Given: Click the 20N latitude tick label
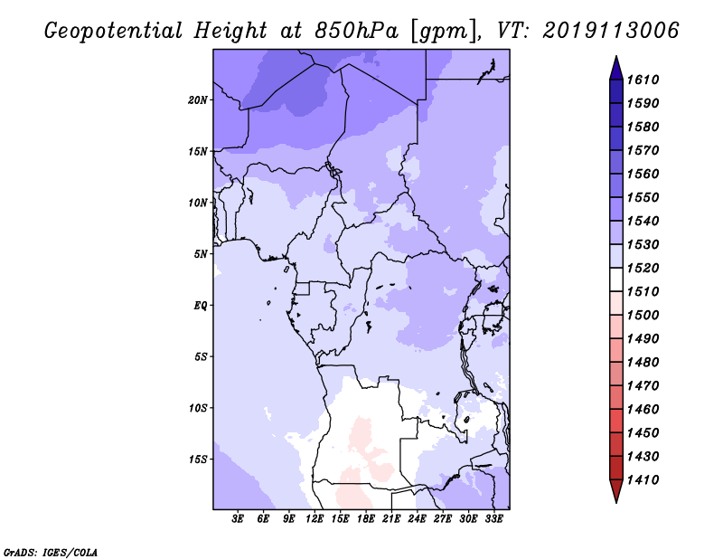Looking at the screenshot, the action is click(x=198, y=100).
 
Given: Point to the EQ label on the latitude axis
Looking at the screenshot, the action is click(x=201, y=306).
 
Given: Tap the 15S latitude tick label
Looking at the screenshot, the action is click(x=198, y=460).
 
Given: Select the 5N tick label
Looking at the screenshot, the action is click(x=201, y=254).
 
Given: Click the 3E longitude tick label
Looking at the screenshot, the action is click(x=238, y=519).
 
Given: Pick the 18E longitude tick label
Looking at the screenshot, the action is click(x=366, y=519).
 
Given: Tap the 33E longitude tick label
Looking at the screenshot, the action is click(x=493, y=519).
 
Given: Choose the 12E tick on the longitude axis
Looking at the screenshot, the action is click(x=315, y=519).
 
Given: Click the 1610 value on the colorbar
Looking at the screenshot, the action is click(x=643, y=80).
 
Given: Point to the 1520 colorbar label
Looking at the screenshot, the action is click(x=643, y=268).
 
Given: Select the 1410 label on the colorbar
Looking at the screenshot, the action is click(x=643, y=480).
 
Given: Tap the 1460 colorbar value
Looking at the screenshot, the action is click(x=643, y=410).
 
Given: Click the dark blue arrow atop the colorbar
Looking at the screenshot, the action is click(x=616, y=70).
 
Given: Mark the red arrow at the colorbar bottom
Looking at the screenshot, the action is click(x=616, y=490).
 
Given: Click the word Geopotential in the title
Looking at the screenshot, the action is click(x=114, y=32).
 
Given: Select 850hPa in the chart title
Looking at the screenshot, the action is click(x=356, y=31).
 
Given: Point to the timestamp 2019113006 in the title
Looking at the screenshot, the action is click(x=611, y=31).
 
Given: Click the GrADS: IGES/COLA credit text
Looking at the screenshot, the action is click(x=51, y=553).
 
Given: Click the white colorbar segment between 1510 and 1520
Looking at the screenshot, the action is click(x=616, y=279).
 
